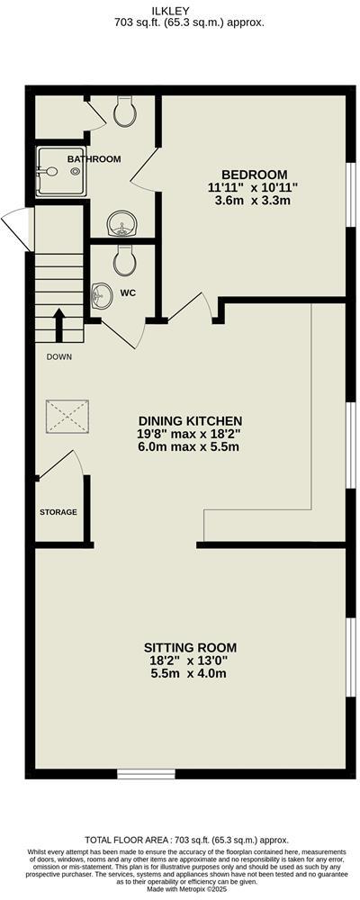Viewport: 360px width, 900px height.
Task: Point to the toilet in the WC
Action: (x=123, y=260)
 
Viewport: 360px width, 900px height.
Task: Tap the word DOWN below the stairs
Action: (x=60, y=356)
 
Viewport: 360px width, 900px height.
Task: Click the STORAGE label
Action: (x=58, y=512)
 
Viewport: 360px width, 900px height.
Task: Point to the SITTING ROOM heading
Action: (x=190, y=647)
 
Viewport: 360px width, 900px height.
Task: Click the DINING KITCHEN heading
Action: (x=190, y=420)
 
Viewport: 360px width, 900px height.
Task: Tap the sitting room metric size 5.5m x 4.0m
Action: (x=190, y=673)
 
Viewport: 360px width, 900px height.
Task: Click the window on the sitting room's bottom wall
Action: (x=146, y=772)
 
